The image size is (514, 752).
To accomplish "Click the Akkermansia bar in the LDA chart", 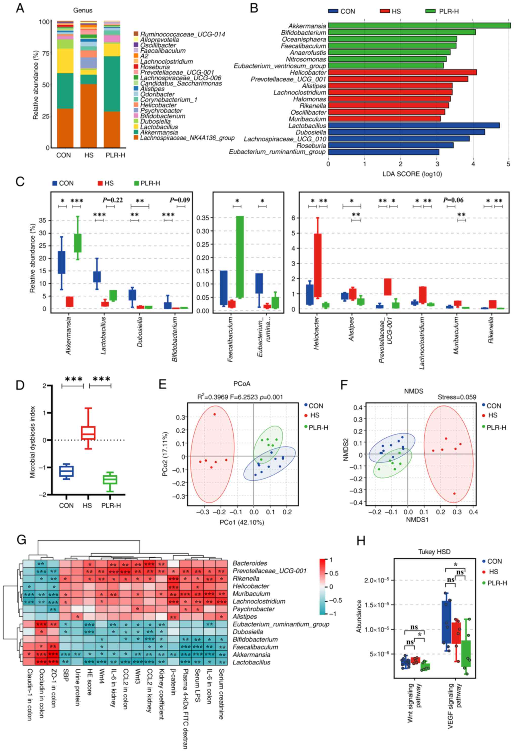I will pos(419,26).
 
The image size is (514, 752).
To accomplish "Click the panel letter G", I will pos(21,540).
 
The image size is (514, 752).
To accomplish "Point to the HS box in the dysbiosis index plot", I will pos(88,433).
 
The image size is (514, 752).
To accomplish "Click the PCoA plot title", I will pos(242,384).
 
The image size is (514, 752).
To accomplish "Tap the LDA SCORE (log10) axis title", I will pos(412,174).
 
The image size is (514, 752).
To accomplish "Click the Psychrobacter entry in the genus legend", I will pos(161,111).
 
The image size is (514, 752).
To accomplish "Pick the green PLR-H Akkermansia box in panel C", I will pos(78,243).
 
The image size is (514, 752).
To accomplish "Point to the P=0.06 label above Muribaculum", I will pos(453,200).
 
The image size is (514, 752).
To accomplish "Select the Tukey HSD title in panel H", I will pos(434,552).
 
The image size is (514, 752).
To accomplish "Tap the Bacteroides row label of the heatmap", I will pos(250,563).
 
